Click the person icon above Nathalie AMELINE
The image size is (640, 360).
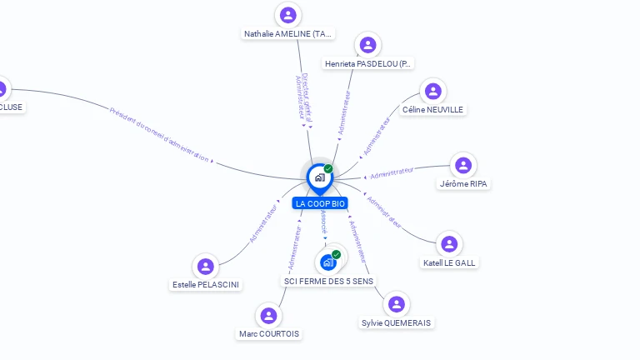pos(288,15)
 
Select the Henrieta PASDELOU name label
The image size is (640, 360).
pos(368,63)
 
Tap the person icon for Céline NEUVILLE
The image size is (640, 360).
pos(432,91)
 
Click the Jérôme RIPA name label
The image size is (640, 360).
pos(463,183)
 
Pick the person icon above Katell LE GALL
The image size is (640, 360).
pos(449,244)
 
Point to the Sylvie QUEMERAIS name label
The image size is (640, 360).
pos(397,322)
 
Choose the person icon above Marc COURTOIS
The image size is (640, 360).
pos(268,316)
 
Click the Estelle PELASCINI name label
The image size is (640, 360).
pos(206,284)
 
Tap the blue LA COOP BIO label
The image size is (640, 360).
pos(320,203)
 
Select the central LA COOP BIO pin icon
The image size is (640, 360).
pos(319,177)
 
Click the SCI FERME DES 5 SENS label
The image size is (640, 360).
pos(329,281)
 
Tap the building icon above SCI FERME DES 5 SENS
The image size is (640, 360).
pos(328,262)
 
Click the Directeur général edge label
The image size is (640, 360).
pos(307,97)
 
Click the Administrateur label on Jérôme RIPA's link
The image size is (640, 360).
pos(392,172)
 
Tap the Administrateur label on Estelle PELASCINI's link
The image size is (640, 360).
pos(264,222)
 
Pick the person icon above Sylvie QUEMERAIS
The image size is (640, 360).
pos(397,304)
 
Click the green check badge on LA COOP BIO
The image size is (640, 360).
pos(328,168)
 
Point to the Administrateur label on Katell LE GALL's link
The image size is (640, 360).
pos(384,212)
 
